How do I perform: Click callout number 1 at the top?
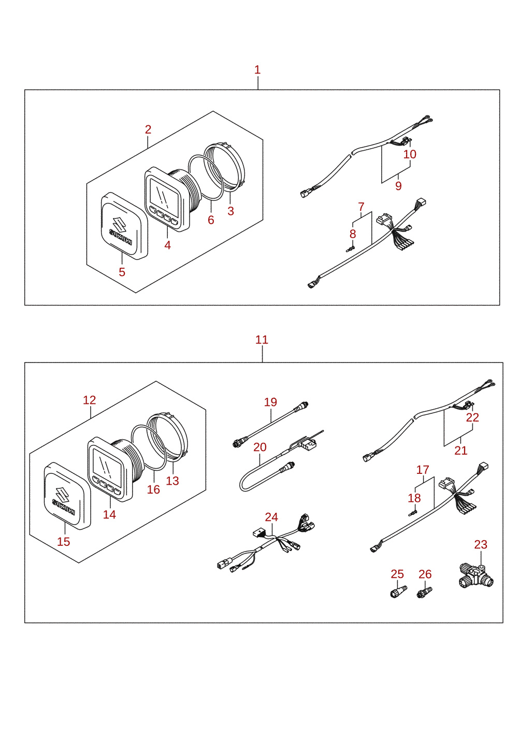click(257, 70)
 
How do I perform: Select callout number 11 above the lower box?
click(262, 340)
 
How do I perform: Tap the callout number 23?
click(481, 544)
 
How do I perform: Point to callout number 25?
click(397, 574)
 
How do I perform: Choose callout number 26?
click(425, 574)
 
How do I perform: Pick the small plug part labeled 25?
click(399, 591)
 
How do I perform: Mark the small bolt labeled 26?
click(424, 592)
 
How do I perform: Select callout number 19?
click(270, 402)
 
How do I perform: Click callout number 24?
click(271, 517)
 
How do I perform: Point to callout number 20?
click(260, 447)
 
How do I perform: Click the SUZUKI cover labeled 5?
click(124, 226)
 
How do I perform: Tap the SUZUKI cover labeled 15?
click(67, 496)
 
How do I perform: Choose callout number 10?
click(410, 154)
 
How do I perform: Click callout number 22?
click(472, 417)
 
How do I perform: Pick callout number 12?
click(90, 400)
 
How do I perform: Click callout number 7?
click(361, 207)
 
